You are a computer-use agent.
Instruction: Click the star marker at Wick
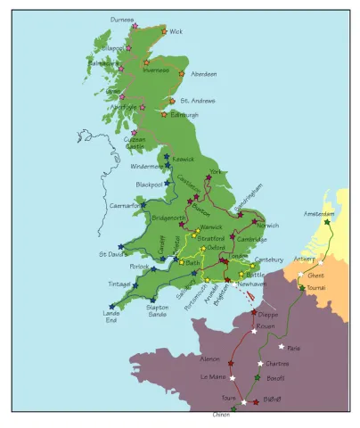click(x=164, y=31)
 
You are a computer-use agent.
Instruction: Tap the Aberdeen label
click(x=203, y=74)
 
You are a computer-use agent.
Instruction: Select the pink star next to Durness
click(x=135, y=26)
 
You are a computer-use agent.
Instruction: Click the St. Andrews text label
click(x=198, y=102)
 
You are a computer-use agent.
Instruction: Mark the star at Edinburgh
click(x=164, y=114)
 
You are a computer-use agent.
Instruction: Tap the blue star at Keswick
click(x=167, y=158)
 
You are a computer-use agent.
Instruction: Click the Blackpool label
click(x=150, y=185)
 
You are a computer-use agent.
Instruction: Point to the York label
click(x=215, y=171)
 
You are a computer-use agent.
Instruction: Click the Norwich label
click(x=267, y=226)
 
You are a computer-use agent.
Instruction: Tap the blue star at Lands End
click(x=112, y=306)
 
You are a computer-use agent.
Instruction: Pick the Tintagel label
click(x=119, y=284)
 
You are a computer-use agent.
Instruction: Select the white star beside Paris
click(x=281, y=347)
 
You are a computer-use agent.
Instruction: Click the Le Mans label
click(x=213, y=377)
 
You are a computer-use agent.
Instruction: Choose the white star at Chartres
click(x=261, y=363)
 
